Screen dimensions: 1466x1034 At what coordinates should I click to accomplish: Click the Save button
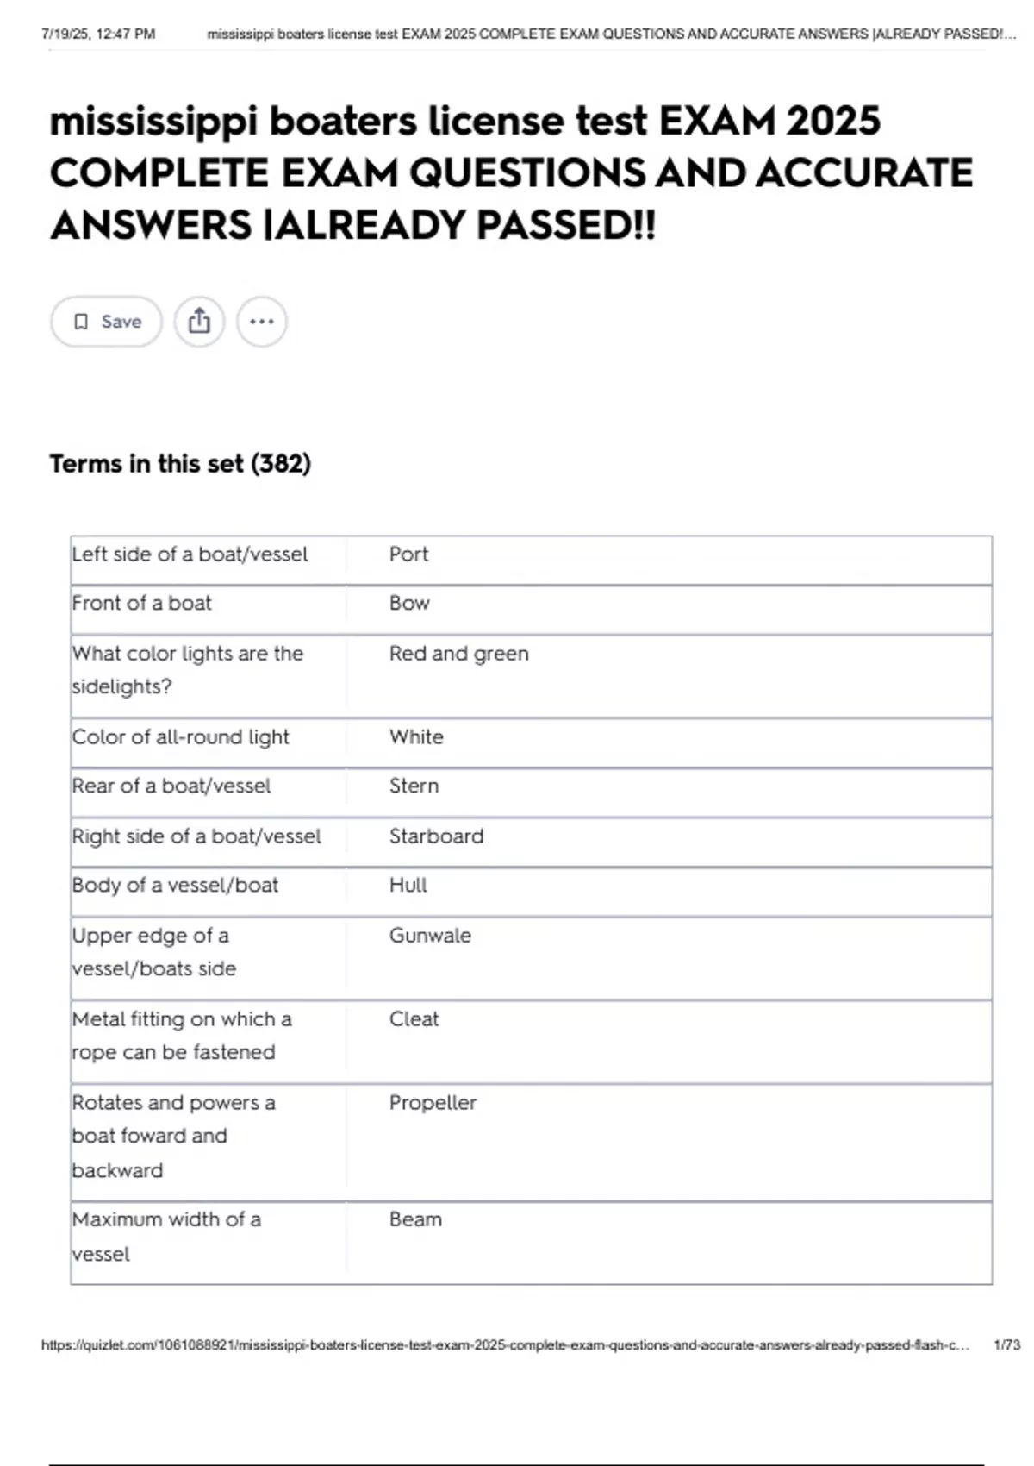coord(106,322)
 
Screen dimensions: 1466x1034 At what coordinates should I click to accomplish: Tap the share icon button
coord(199,322)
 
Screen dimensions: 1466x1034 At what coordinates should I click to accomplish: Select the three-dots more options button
coord(262,322)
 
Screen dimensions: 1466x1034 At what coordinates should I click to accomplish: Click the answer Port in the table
coord(408,554)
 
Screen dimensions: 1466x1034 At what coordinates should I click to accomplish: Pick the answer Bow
coord(409,604)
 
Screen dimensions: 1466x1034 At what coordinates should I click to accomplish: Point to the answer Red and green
coord(458,654)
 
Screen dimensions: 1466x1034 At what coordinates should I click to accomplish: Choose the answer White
coord(416,737)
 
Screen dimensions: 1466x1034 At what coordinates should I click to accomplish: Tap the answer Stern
coord(414,786)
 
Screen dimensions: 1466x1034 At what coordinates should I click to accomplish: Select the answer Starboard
coord(436,836)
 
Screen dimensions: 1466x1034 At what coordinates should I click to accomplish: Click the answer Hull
coord(408,886)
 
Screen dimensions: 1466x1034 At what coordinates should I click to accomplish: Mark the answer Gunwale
coord(430,936)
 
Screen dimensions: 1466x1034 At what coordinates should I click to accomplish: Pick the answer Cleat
coord(414,1019)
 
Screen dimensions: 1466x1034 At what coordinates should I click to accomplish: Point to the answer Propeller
coord(433,1103)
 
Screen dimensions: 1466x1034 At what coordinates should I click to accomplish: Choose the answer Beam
coord(415,1220)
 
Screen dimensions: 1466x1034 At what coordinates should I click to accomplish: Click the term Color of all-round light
coord(180,737)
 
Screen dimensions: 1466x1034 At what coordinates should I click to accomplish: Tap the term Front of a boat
coord(141,604)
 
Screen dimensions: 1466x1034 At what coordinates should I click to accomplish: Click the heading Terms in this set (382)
coord(180,464)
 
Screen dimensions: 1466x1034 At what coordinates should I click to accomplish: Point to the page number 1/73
coord(1006,1345)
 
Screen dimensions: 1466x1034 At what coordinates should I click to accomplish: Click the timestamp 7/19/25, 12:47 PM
coord(98,34)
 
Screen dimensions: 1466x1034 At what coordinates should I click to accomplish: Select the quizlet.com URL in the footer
coord(505,1345)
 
